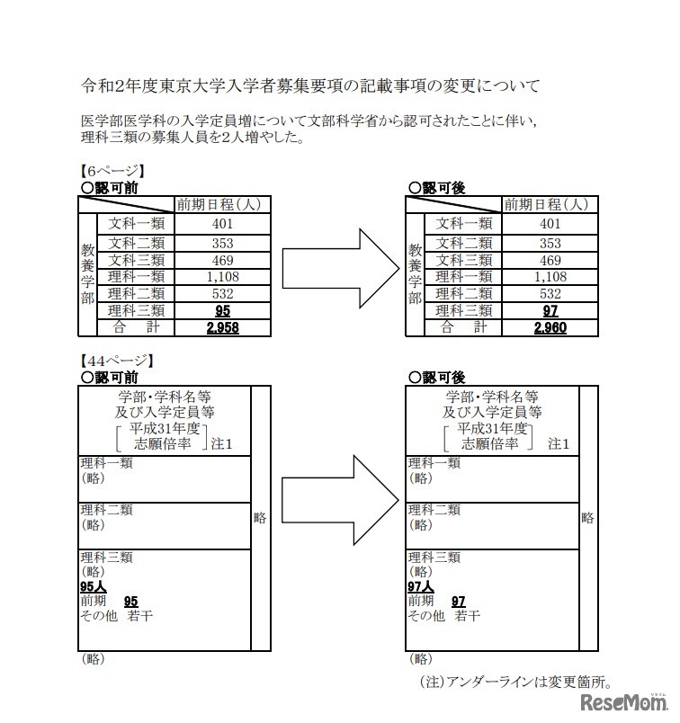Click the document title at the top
[x=310, y=87]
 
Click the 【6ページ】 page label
[x=112, y=171]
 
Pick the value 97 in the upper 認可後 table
[x=550, y=310]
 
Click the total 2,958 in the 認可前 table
[x=221, y=328]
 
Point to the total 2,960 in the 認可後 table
[x=550, y=328]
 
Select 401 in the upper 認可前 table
[x=221, y=224]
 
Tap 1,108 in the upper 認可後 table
[x=550, y=276]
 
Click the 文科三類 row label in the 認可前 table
[x=137, y=259]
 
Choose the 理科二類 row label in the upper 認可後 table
[x=464, y=293]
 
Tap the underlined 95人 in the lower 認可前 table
[x=94, y=586]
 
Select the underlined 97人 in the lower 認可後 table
[x=421, y=586]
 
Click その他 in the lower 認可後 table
[x=426, y=616]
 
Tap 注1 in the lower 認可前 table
[x=221, y=444]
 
